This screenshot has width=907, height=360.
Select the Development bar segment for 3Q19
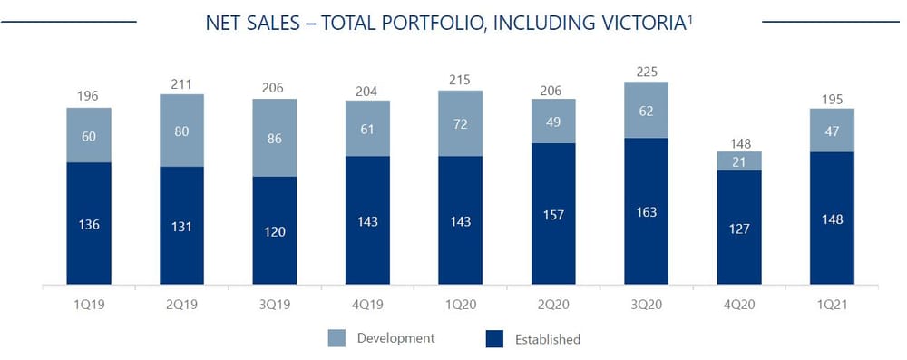[275, 137]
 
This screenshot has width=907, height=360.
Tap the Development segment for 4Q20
[739, 161]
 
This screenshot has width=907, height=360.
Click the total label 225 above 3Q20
[646, 71]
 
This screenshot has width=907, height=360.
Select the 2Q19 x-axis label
[181, 306]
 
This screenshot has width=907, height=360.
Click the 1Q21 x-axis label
[832, 306]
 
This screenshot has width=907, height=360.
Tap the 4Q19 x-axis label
[367, 306]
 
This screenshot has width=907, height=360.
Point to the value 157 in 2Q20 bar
[553, 216]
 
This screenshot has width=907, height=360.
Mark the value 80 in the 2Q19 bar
[181, 130]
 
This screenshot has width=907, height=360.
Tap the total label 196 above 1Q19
[89, 96]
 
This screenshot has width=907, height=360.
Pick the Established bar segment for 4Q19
[367, 220]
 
